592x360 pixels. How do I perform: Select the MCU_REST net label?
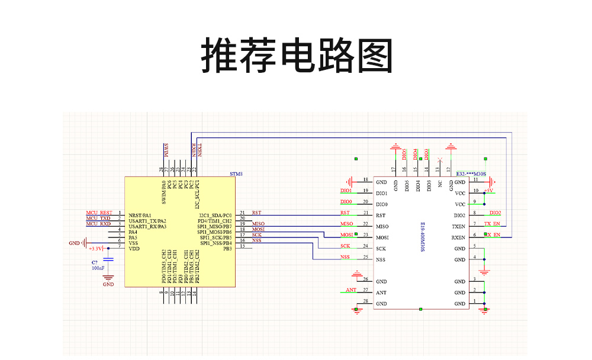coord(99,213)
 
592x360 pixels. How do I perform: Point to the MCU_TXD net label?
coord(98,218)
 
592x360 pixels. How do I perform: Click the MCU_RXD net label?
coord(98,224)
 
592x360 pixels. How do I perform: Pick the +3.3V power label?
coord(95,249)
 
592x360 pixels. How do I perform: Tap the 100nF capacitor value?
coord(98,268)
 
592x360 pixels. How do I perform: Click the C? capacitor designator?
coord(94,262)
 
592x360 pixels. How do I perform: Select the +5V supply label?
coord(489,191)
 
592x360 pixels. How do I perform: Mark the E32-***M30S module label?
coord(471,174)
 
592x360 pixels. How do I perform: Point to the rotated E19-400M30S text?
coord(423,236)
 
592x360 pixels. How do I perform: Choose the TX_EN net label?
coord(492,224)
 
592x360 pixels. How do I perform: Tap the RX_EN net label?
coord(493,236)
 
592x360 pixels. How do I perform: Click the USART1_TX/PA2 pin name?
coord(147,221)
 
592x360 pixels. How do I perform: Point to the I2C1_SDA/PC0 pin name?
coord(215,215)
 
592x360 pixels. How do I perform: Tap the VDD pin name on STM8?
coord(133,249)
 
